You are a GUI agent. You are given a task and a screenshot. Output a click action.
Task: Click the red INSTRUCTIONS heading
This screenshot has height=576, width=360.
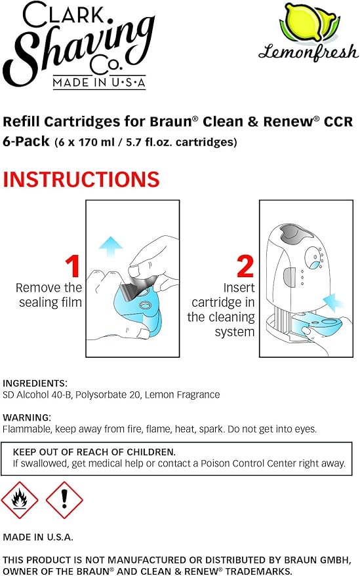click(x=81, y=180)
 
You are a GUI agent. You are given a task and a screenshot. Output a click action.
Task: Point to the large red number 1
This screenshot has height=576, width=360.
click(x=73, y=267)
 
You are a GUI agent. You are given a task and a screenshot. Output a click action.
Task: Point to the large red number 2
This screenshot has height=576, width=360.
click(x=245, y=267)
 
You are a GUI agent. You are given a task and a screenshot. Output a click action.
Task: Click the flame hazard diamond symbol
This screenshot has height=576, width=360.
click(x=20, y=500)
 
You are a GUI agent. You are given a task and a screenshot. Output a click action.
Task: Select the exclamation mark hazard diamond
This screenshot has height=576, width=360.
click(x=64, y=500)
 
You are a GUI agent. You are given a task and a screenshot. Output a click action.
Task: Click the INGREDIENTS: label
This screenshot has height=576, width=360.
click(x=35, y=383)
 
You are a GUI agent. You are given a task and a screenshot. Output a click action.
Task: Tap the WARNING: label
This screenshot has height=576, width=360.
click(x=27, y=417)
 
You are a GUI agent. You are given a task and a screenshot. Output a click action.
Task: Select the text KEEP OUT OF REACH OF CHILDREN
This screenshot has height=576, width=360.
click(x=94, y=452)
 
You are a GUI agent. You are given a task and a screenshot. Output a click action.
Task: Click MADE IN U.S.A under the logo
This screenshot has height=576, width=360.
click(x=99, y=83)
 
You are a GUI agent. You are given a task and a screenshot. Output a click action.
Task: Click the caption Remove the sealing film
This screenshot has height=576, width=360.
click(x=49, y=295)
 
